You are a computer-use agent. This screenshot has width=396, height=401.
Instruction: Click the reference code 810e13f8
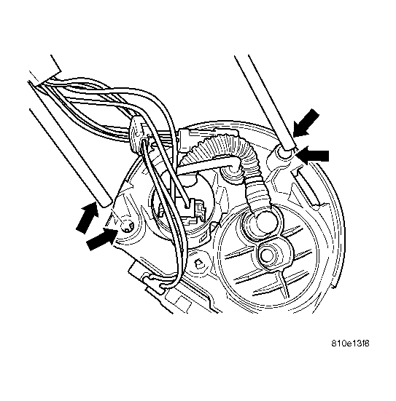coord(350,343)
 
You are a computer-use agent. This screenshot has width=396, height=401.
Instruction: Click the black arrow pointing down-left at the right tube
coord(306,123)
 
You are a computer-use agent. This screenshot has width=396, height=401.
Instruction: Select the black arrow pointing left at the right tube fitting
coord(312,155)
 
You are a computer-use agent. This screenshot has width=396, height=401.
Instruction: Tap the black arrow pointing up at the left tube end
coord(88,217)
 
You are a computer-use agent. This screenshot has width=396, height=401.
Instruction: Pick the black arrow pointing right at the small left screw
coord(102,239)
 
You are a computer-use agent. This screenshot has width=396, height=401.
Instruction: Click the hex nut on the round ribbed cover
coord(267,255)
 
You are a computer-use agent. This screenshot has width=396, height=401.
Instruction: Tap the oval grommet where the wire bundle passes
coord(136,134)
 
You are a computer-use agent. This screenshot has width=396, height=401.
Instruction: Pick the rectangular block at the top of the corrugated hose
coord(185,141)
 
